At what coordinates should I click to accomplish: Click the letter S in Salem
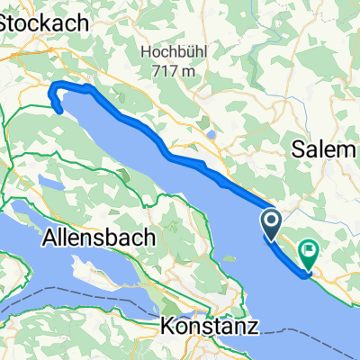coord(297,153)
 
